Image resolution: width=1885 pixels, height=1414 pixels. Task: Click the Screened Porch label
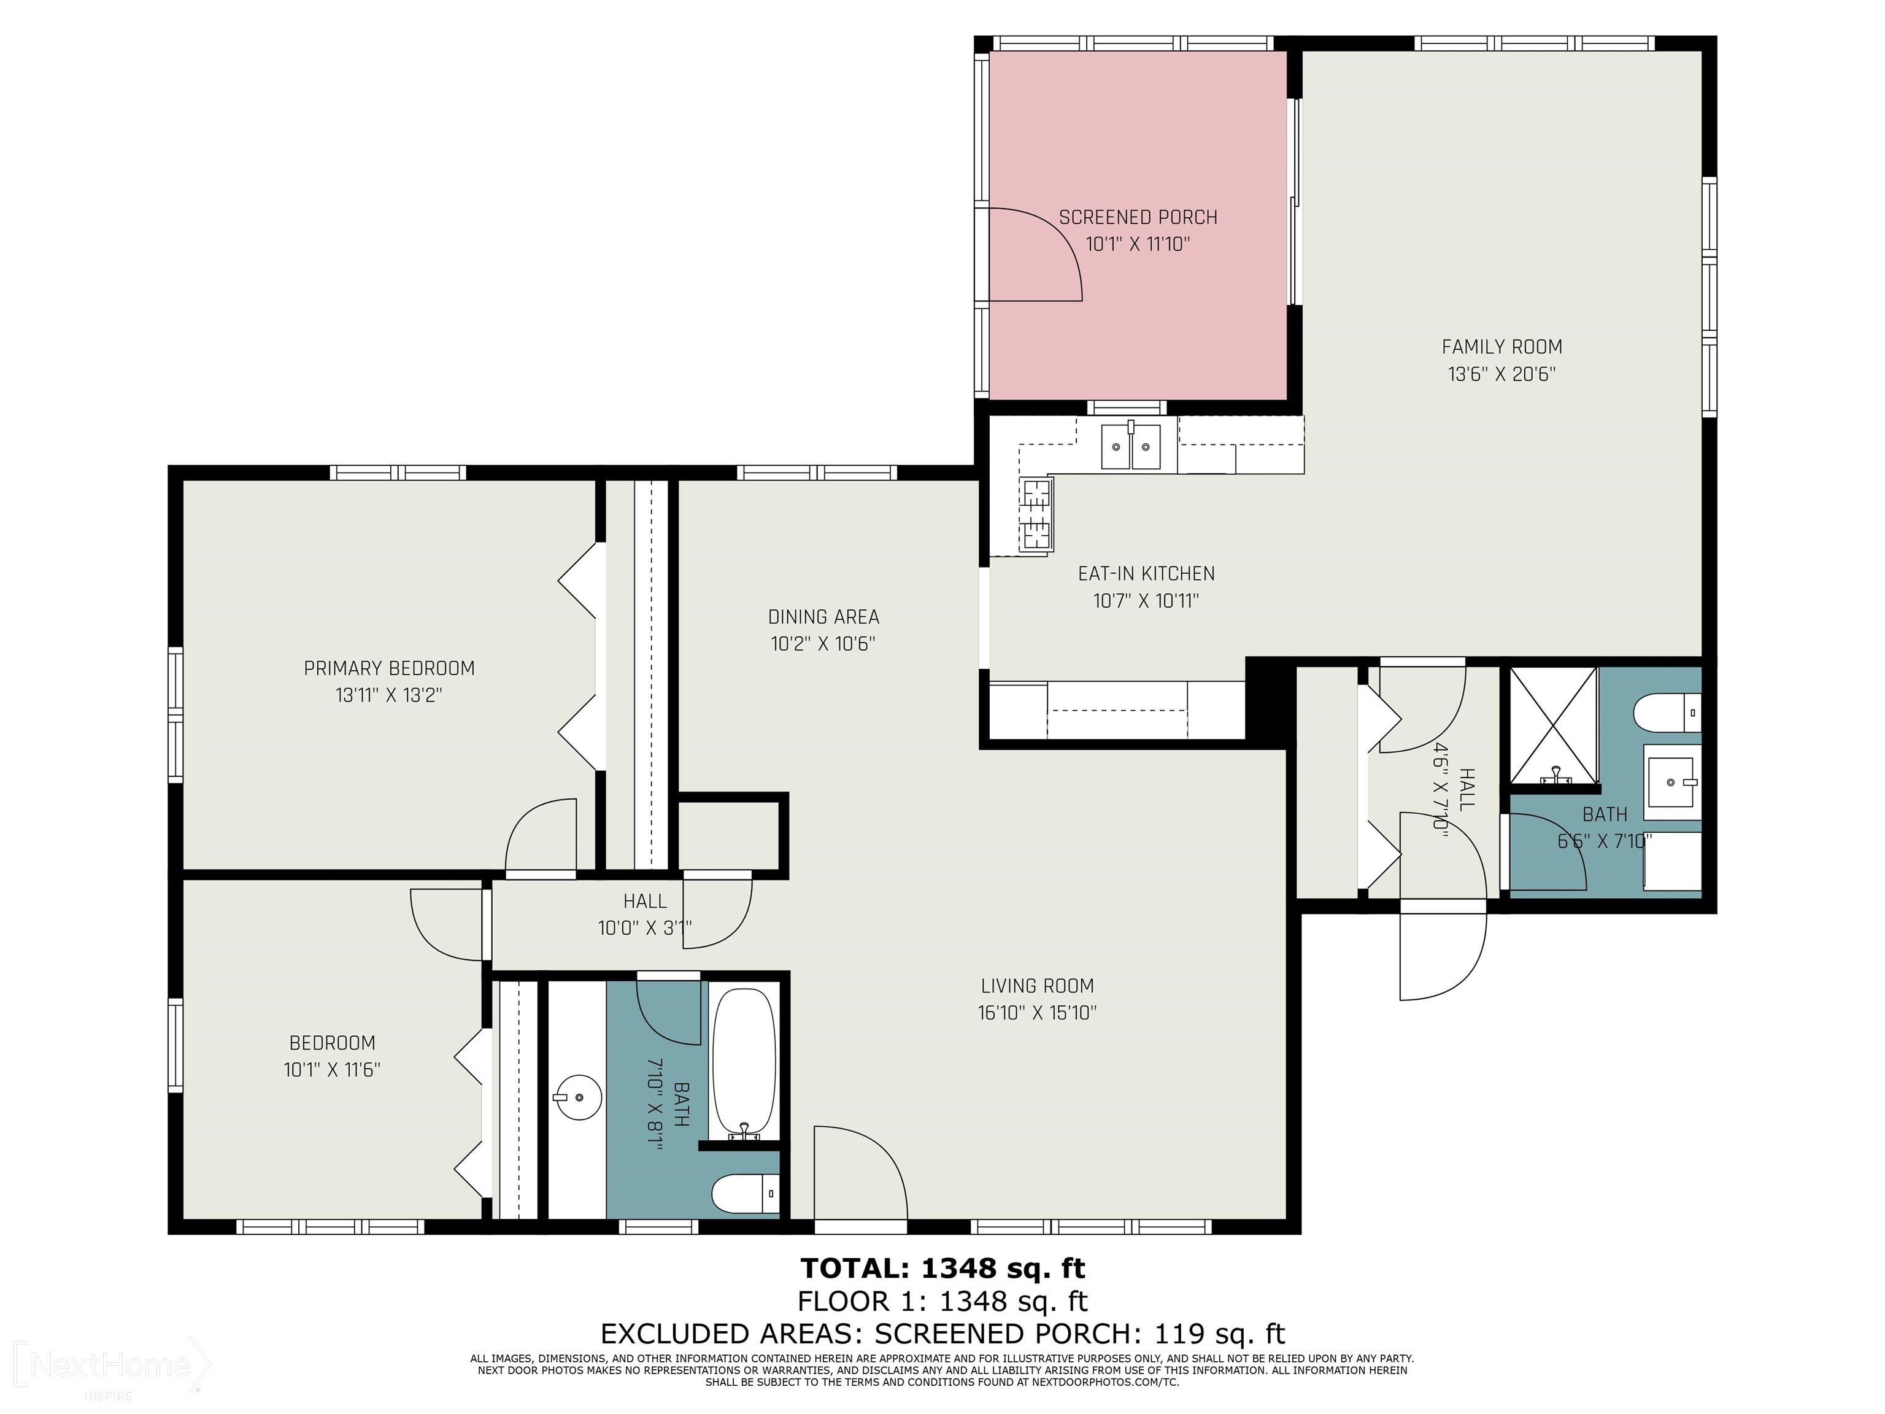pos(1138,217)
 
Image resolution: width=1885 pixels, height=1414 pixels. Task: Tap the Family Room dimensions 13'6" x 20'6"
pos(1501,373)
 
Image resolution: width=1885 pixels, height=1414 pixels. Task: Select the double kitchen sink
pos(1131,446)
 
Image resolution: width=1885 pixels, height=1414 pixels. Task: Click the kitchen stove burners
pos(1036,516)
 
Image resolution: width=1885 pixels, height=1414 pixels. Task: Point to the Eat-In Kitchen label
pos(1146,574)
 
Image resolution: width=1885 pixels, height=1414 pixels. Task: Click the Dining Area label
pos(823,616)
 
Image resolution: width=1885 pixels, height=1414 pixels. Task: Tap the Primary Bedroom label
pos(390,668)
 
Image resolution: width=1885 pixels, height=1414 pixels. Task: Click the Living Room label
pos(1037,986)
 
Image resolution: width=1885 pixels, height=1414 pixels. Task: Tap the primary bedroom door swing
pos(541,835)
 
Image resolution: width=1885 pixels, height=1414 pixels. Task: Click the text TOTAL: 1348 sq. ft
pos(942,1269)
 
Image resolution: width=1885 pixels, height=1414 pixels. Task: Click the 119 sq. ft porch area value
pos(1219,1334)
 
